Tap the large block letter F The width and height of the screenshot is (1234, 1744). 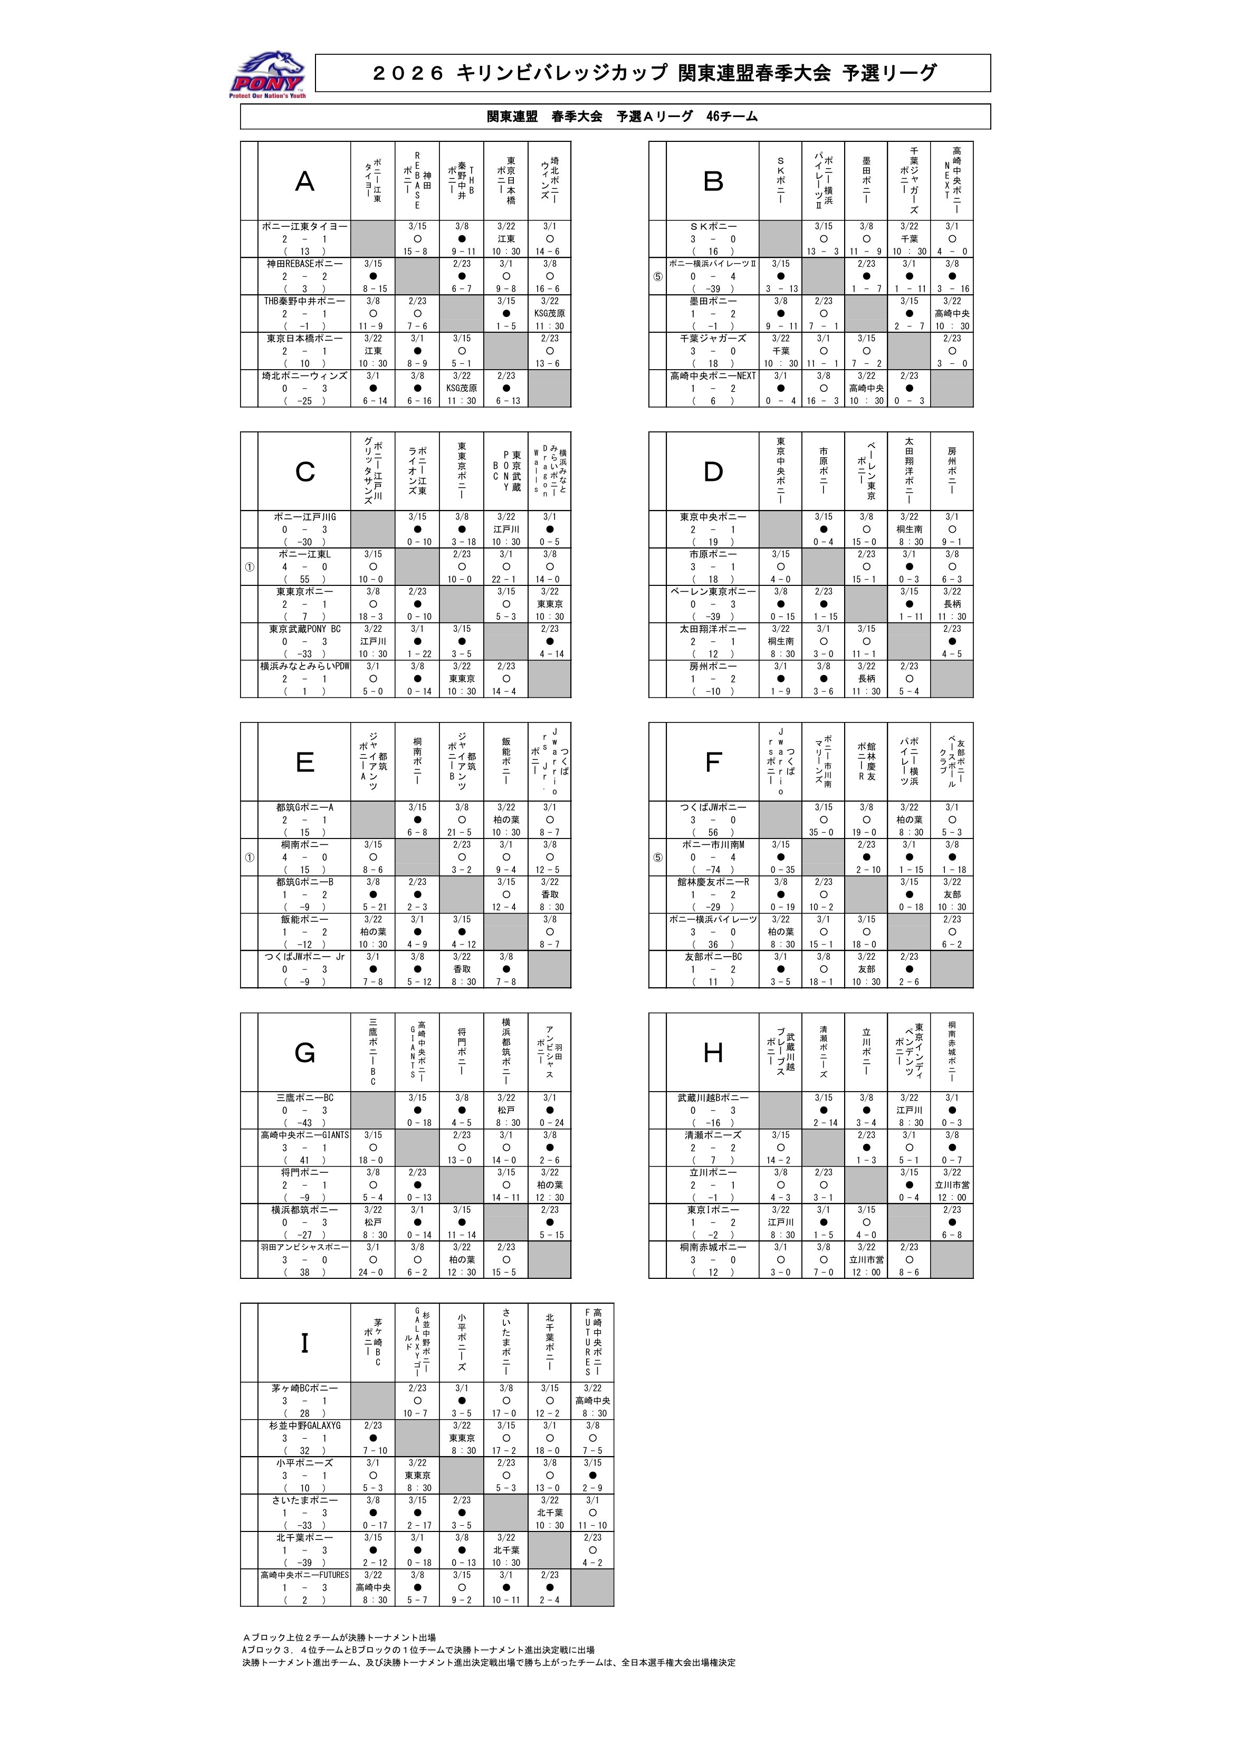[713, 762]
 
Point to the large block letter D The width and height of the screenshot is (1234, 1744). [713, 471]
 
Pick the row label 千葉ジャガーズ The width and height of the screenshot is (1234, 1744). [713, 338]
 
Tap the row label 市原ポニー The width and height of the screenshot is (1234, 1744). [713, 554]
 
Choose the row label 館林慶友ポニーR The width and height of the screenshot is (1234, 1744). [713, 882]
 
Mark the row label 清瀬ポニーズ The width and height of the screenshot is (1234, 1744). [713, 1135]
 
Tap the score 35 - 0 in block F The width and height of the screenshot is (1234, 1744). [823, 833]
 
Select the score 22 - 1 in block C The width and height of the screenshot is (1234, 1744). [506, 580]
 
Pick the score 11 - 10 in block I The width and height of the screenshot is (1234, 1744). [592, 1525]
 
